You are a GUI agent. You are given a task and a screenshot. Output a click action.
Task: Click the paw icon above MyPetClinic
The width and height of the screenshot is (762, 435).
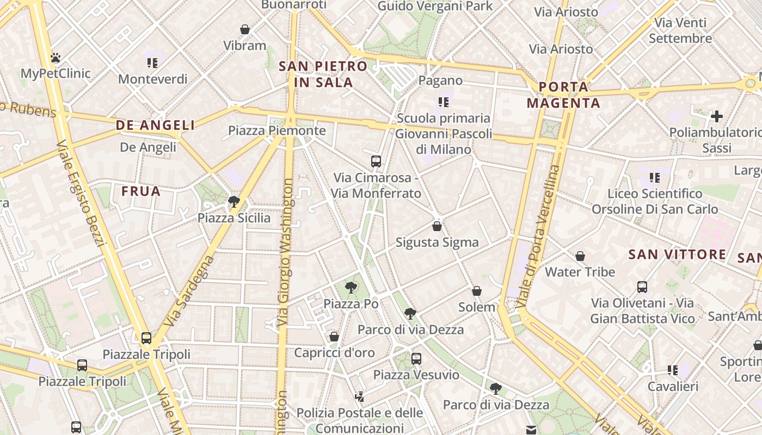55,57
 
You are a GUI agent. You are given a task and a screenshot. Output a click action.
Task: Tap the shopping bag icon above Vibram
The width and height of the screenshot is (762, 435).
245,29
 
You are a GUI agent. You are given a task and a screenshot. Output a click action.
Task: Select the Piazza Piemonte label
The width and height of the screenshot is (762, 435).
276,130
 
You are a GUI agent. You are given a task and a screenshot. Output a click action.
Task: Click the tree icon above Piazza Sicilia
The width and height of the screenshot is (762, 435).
234,202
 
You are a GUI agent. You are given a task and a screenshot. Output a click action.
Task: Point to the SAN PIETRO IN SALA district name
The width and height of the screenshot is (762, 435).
323,74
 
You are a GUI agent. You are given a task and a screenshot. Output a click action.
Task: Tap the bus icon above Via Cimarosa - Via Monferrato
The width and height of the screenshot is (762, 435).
376,161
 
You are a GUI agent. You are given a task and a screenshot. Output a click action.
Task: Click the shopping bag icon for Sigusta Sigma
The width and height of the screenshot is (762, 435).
437,226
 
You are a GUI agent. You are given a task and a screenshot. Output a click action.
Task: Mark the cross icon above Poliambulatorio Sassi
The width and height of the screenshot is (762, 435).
717,116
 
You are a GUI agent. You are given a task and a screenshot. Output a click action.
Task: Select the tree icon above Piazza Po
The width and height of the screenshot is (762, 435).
351,287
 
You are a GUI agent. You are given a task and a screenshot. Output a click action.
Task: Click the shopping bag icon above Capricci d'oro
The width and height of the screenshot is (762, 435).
334,337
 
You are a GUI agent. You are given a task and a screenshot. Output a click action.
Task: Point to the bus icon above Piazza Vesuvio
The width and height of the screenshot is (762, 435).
416,358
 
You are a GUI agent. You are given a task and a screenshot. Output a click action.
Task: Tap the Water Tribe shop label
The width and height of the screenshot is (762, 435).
580,272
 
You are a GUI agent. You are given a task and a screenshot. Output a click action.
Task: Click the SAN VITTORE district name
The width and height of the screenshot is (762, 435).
677,254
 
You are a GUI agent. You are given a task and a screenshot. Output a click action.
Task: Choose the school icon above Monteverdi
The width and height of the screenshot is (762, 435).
152,63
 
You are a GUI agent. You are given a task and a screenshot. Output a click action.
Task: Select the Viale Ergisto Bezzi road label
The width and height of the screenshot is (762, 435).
81,193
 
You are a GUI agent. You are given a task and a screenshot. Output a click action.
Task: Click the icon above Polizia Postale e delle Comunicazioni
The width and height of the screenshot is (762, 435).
359,397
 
